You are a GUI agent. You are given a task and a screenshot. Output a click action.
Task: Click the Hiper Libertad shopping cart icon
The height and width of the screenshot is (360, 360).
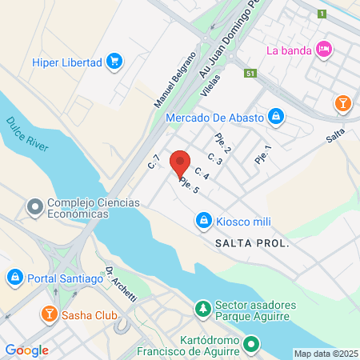pos(114,61)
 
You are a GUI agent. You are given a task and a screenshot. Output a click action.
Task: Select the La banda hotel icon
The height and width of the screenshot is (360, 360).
pos(324,50)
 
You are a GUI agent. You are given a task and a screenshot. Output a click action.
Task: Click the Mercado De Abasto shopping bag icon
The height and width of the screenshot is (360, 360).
pos(276,118)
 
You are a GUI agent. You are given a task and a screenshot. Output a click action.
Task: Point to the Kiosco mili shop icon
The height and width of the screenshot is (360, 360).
pos(204,220)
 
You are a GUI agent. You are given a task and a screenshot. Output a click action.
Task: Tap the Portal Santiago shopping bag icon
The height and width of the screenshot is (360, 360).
pos(14,278)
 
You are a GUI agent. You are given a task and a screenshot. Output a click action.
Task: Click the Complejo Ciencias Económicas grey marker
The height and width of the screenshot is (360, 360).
pos(34,207)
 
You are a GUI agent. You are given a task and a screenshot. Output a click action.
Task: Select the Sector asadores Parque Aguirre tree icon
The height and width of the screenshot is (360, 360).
pos(204,308)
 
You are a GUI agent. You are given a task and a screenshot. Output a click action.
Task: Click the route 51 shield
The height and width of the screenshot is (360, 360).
pos(250,73)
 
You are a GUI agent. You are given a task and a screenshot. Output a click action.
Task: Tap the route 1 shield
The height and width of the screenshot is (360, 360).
pos(322,14)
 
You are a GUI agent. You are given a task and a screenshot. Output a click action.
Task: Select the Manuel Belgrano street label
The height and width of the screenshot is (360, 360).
pos(174,80)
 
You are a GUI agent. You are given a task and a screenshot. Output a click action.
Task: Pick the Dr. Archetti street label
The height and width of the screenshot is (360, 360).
pos(121,283)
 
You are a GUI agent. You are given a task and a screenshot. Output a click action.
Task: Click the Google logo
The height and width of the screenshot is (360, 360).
pos(26,350)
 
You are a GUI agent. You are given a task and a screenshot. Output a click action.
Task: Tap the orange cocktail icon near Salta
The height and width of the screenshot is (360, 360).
pos(342,103)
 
